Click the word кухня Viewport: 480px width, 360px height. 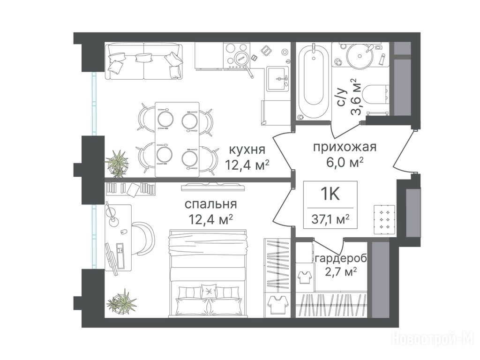pos(247,150)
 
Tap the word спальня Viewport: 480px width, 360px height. pos(211,204)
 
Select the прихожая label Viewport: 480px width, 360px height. pos(345,147)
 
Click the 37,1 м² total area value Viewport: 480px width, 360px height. pos(330,219)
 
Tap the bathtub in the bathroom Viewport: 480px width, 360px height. pos(313,82)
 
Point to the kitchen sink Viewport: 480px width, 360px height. pos(277,79)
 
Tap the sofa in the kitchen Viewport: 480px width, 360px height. pos(144,61)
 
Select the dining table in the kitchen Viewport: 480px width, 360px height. pos(177,140)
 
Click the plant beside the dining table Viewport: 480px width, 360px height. pos(117,163)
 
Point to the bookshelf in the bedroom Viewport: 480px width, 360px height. pos(131,188)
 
